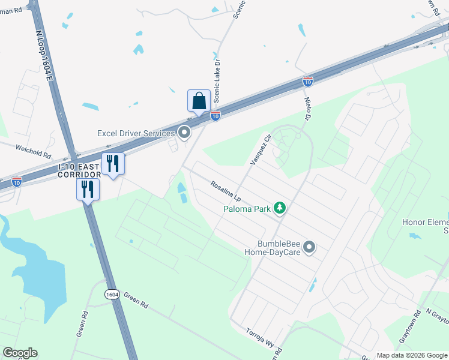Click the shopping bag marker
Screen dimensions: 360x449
click(199, 101)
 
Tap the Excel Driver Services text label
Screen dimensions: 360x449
click(136, 133)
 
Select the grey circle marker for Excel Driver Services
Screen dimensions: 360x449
click(184, 132)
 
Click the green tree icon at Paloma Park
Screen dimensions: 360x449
click(279, 208)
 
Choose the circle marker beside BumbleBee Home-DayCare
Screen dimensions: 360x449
click(309, 247)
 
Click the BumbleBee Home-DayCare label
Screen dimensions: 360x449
click(278, 248)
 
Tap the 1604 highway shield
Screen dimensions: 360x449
click(112, 294)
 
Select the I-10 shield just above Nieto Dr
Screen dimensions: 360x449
click(307, 80)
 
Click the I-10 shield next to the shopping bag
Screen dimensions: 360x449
click(215, 115)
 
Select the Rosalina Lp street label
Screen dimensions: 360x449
click(226, 191)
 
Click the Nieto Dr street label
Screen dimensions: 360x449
click(308, 109)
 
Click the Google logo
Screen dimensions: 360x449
click(20, 353)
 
